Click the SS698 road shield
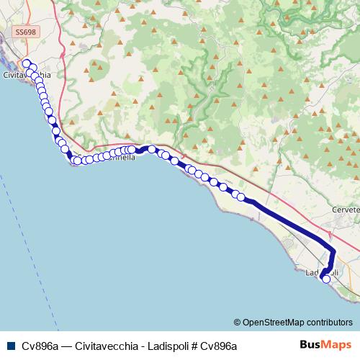[24, 32]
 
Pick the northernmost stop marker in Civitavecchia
[27, 63]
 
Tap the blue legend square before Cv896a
[10, 346]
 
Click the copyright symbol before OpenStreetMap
[237, 322]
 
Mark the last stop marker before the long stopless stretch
[241, 197]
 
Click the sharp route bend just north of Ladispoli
[333, 250]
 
